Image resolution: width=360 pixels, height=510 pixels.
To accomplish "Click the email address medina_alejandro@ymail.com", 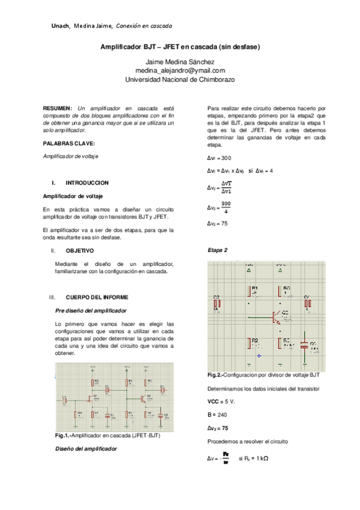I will click(x=180, y=70).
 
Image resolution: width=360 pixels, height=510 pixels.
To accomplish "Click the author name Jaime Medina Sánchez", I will click(x=180, y=62).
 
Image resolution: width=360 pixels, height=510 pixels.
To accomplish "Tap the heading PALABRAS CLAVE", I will click(x=69, y=143).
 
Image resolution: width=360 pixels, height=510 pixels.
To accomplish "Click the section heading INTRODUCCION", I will click(x=87, y=182).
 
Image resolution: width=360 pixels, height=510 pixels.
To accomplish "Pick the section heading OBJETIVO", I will click(x=79, y=250).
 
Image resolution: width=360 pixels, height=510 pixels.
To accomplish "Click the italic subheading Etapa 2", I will click(x=217, y=250).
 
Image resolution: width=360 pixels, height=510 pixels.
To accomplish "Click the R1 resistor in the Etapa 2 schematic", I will click(x=251, y=291).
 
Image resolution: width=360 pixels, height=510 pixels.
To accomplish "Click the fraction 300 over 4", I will click(x=225, y=207).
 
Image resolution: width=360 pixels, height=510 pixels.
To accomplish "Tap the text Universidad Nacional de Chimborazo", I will click(x=180, y=79).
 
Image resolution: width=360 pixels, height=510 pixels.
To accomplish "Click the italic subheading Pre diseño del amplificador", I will click(x=90, y=310).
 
